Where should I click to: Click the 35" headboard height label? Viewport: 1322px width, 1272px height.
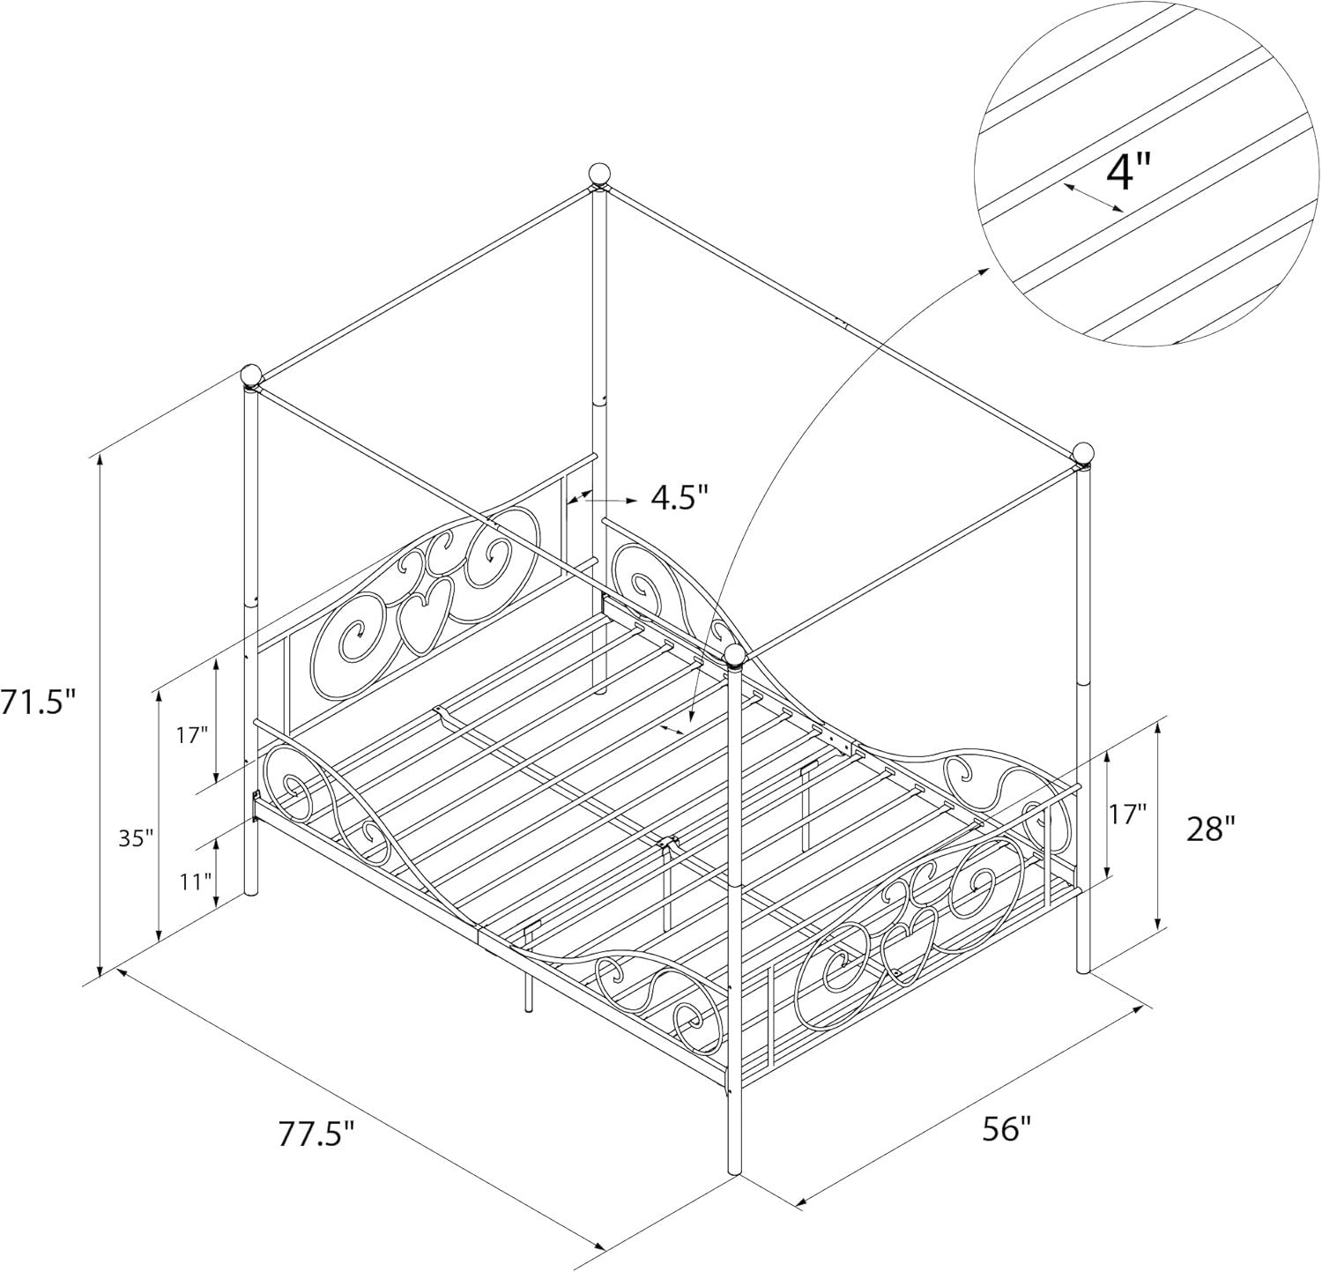[137, 837]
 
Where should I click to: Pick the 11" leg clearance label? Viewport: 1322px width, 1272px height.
[196, 880]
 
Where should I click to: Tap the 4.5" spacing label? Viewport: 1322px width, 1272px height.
[680, 497]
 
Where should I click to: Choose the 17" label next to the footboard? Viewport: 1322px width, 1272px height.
[1127, 814]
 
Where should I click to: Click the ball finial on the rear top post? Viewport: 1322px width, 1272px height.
[599, 174]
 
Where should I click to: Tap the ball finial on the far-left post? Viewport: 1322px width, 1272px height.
[252, 376]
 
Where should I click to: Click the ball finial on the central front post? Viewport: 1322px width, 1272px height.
[735, 655]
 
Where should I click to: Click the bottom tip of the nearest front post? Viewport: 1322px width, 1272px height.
[735, 1173]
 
